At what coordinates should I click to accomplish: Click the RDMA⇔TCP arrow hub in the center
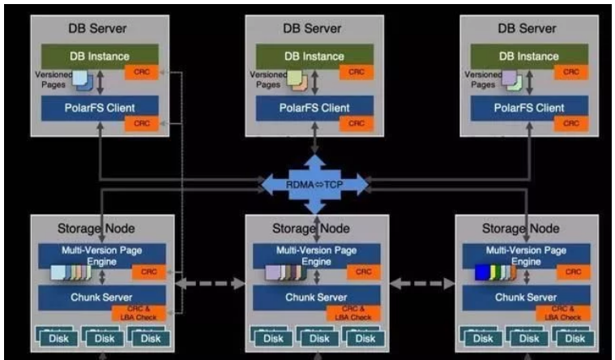[x=314, y=184]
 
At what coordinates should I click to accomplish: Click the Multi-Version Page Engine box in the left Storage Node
[x=101, y=255]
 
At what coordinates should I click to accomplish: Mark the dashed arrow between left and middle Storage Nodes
[x=208, y=285]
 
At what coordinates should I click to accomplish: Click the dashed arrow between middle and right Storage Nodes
[x=422, y=285]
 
